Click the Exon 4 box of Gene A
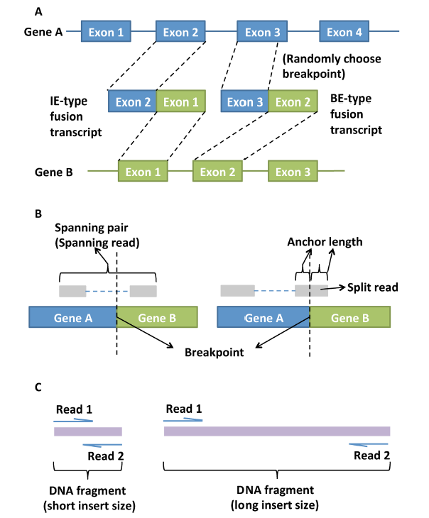[x=344, y=32]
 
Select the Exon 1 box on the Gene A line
[x=107, y=32]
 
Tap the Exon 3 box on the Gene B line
[x=292, y=172]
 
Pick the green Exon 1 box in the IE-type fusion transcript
[x=181, y=102]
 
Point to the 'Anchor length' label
[x=325, y=242]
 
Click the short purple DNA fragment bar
[x=87, y=431]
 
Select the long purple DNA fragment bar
[x=277, y=431]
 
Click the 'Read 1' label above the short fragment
[x=73, y=409]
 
